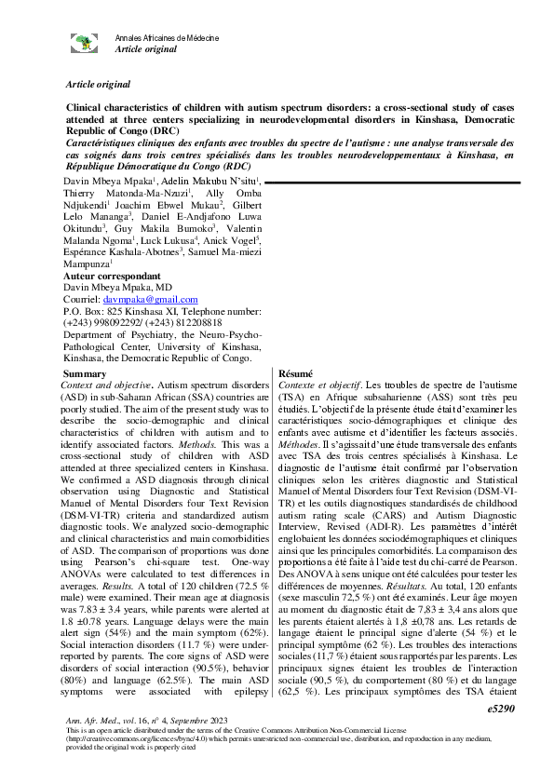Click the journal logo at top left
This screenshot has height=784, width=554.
86,42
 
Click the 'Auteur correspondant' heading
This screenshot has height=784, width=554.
107,277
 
